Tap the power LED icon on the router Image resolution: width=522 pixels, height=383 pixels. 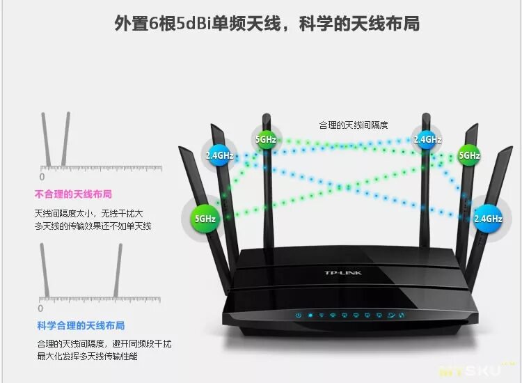click(298, 315)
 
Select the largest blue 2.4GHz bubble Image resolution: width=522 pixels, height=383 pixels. click(488, 219)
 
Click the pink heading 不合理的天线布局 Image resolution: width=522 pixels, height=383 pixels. click(73, 194)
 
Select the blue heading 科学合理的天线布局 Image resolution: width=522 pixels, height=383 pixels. click(81, 325)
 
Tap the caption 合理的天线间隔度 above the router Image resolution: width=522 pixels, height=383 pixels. click(353, 125)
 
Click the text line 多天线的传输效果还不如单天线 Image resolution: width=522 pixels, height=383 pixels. click(93, 226)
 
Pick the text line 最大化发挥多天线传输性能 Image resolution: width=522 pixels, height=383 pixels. click(87, 357)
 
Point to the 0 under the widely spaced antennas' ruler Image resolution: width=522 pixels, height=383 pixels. click(40, 308)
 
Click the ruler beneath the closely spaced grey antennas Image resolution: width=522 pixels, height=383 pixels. click(102, 168)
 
